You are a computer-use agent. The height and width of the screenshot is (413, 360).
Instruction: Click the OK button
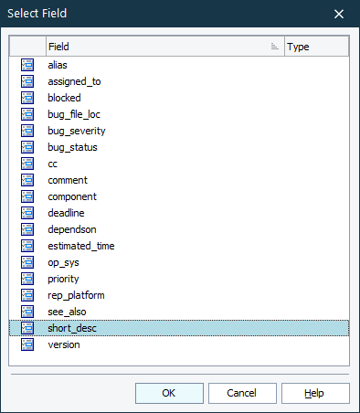pos(169,393)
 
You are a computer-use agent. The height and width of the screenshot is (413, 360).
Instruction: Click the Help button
pos(315,393)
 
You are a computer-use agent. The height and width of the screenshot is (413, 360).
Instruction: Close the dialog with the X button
pos(339,14)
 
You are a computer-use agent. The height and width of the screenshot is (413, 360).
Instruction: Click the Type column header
pos(315,47)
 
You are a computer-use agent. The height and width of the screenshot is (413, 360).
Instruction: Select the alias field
pos(58,65)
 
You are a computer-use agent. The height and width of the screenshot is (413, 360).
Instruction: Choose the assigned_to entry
pos(74,81)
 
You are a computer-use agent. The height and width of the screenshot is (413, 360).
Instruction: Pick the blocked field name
pos(64,98)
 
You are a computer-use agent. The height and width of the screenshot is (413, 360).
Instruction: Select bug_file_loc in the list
pos(74,114)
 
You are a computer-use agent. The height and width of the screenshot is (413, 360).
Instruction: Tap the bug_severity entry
pos(76,131)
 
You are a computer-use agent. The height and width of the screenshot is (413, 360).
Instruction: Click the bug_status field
pos(72,147)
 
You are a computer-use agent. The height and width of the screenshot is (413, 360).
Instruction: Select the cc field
pos(53,164)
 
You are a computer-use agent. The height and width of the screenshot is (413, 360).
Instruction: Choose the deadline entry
pos(66,213)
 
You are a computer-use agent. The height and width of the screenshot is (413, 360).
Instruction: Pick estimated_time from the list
pos(80,246)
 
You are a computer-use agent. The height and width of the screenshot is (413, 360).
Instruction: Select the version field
pos(64,344)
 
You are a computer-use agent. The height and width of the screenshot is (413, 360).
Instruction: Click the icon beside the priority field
pos(27,279)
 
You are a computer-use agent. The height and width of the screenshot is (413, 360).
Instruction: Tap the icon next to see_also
pos(27,312)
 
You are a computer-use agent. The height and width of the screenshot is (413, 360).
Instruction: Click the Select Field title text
pos(37,14)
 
